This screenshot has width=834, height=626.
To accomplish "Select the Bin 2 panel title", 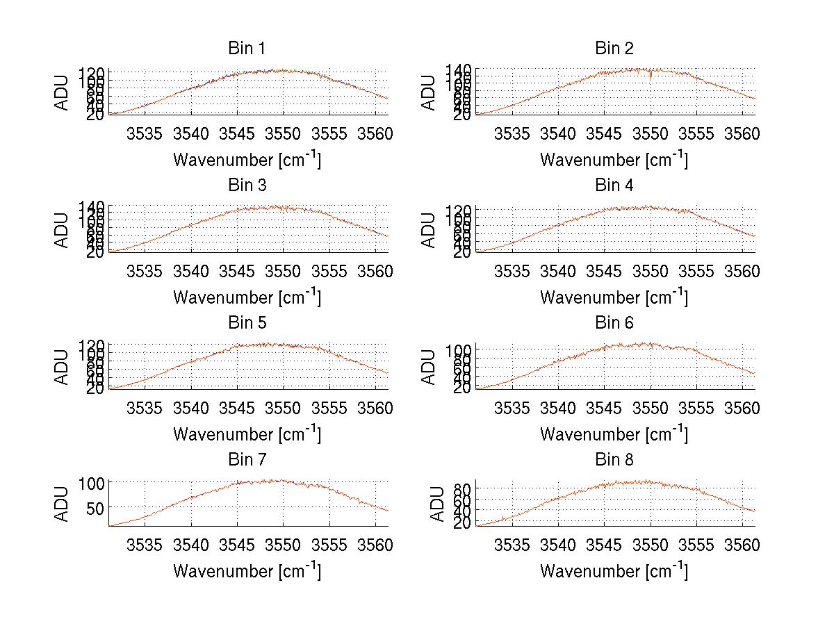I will pyautogui.click(x=614, y=49).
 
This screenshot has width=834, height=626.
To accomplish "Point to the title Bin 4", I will pyautogui.click(x=614, y=186).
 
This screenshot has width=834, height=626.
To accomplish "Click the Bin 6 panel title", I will pyautogui.click(x=614, y=323).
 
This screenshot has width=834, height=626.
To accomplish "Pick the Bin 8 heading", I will pyautogui.click(x=614, y=460).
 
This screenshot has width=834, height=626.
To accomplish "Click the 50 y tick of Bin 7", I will pyautogui.click(x=95, y=508).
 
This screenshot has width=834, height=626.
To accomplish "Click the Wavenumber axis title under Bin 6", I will pyautogui.click(x=614, y=434).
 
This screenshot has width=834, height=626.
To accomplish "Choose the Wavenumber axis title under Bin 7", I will pyautogui.click(x=247, y=571).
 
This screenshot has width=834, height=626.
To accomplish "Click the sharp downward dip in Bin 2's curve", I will pyautogui.click(x=651, y=76).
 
